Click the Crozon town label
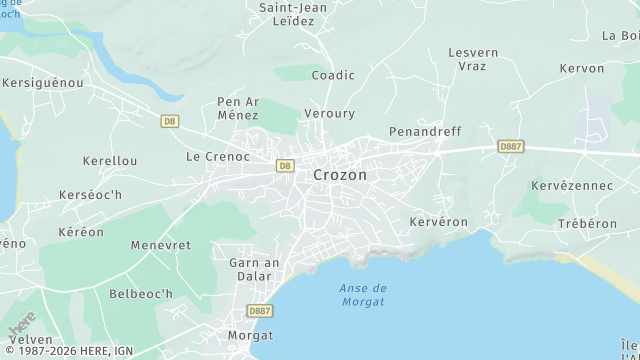tap(340, 175)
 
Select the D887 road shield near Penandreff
tap(510, 147)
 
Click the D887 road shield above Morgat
tap(261, 311)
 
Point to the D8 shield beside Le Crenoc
tap(285, 166)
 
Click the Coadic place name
tap(333, 75)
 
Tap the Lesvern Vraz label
tap(473, 58)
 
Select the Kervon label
tap(582, 69)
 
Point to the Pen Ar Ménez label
tap(238, 109)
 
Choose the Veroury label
tap(330, 114)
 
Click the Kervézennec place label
tap(572, 186)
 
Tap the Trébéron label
tap(587, 224)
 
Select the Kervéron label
tap(439, 222)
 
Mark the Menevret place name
tap(160, 245)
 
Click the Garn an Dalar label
tap(254, 270)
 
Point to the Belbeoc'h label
tap(141, 294)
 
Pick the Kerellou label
tap(110, 161)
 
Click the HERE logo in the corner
tap(22, 324)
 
